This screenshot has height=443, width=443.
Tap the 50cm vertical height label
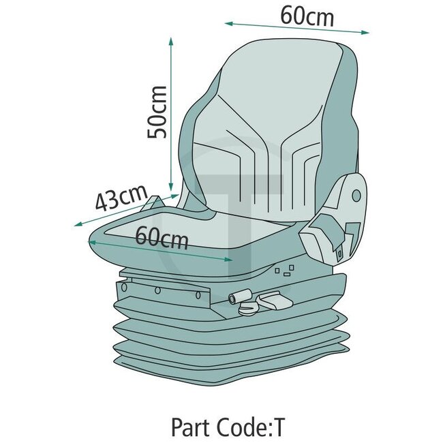[157, 112]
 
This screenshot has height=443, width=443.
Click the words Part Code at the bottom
[211, 428]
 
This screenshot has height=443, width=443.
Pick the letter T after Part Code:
[279, 428]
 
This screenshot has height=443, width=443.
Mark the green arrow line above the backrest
[297, 27]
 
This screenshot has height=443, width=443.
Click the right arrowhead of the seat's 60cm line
[230, 259]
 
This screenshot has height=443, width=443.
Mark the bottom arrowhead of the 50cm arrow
[171, 188]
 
